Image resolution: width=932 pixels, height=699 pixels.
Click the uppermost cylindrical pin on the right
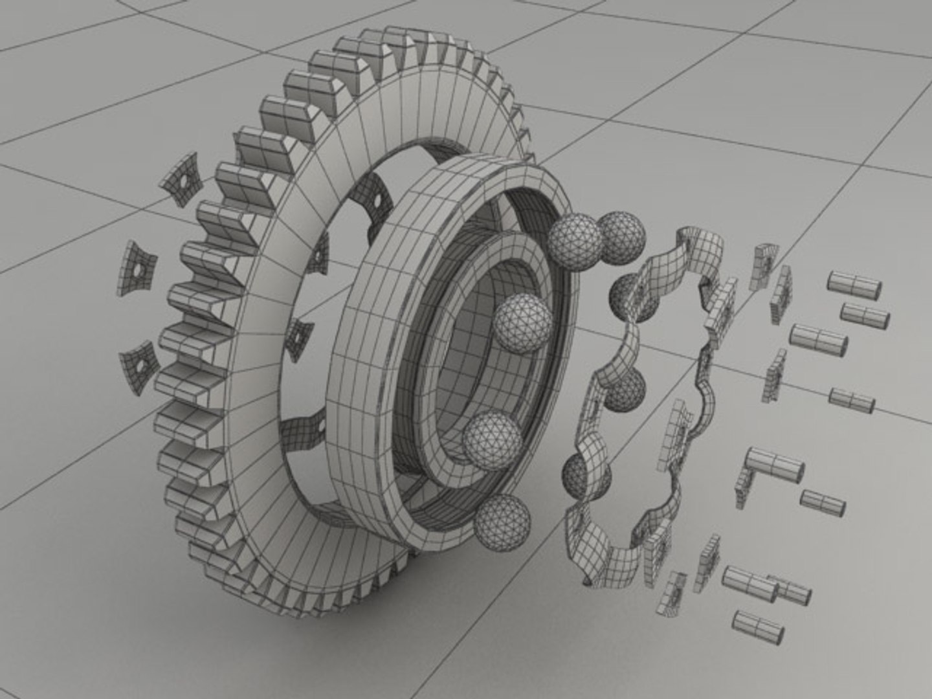[854, 285]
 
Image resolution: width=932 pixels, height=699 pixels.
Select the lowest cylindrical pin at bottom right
[758, 627]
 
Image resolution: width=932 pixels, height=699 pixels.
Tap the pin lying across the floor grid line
[851, 400]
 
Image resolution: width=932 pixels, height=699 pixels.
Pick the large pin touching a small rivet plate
[775, 465]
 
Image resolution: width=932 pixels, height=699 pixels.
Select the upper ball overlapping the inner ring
[524, 323]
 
